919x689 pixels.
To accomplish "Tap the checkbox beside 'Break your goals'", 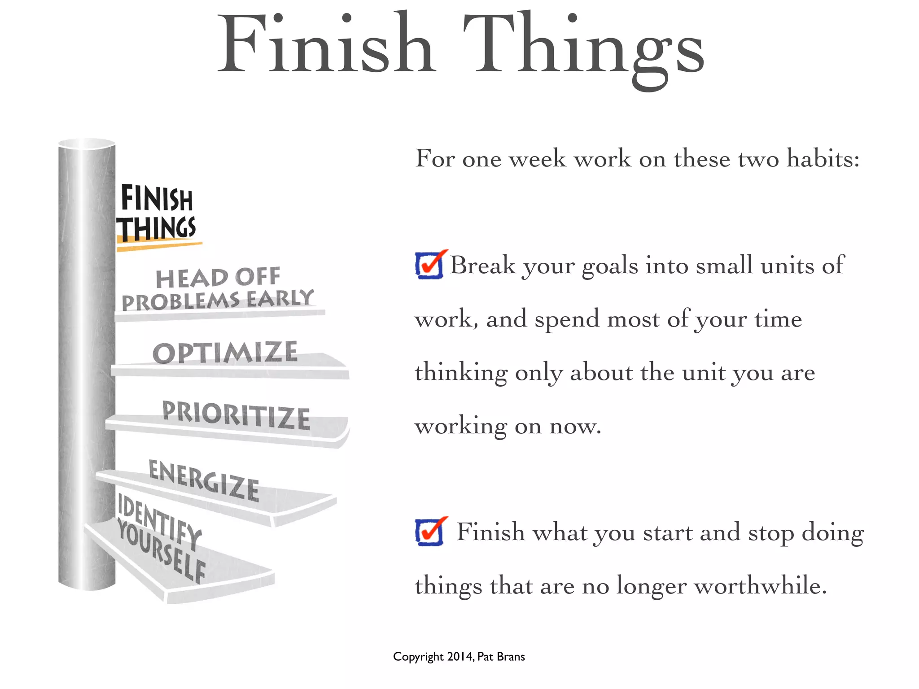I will tap(429, 265).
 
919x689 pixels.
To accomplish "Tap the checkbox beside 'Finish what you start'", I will tap(429, 532).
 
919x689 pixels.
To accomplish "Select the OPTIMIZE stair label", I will tap(225, 353).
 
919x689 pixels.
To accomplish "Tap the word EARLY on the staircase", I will tap(280, 298).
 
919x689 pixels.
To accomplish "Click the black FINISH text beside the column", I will tap(157, 199).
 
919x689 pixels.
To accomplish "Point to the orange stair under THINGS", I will tap(159, 246).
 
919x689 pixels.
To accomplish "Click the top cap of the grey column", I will tap(87, 143).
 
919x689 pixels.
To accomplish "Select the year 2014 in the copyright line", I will tap(459, 657).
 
